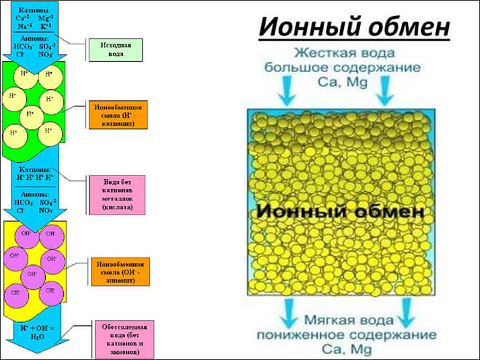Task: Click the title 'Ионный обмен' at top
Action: [355, 26]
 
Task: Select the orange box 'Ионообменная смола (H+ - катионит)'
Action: [116, 114]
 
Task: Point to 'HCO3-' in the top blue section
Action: [23, 46]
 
